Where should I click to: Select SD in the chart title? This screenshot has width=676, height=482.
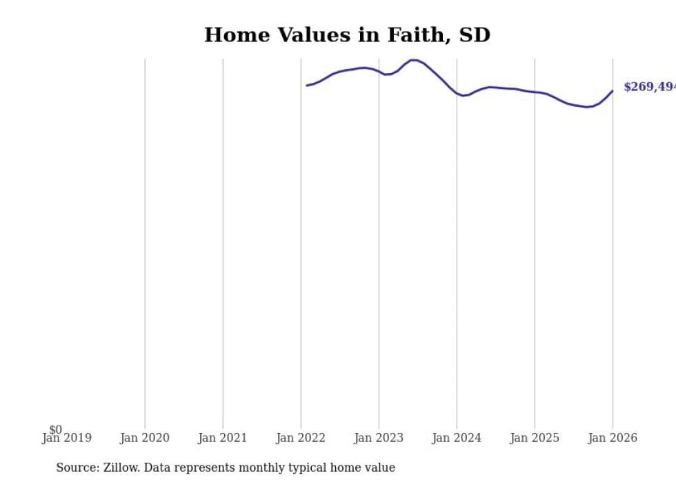point(475,35)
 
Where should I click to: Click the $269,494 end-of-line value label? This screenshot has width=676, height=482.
point(648,87)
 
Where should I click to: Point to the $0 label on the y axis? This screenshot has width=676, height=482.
point(55,430)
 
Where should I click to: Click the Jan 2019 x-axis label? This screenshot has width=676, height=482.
point(66,438)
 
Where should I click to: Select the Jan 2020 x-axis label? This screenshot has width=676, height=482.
point(145,438)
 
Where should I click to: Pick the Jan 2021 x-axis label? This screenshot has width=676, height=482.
point(223,438)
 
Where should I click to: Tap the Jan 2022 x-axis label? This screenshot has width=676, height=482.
point(301,438)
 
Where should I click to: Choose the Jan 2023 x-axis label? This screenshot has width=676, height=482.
point(379,438)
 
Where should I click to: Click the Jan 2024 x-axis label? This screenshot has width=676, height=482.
point(457,438)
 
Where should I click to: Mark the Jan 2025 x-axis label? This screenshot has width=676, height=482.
point(535,438)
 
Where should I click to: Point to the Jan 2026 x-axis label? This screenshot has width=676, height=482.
point(613,438)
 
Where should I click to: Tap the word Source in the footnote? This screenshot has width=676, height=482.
point(77,468)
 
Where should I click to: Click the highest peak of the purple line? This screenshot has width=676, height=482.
point(414,60)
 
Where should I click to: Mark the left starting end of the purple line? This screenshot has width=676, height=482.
point(307,86)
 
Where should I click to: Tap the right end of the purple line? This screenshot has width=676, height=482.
point(613,90)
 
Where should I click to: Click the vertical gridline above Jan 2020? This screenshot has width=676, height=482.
point(145,241)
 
